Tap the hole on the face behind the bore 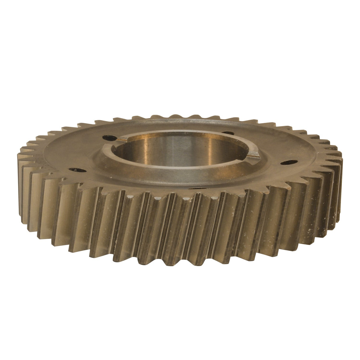click(228, 133)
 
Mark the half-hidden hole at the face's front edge click(194, 188)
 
